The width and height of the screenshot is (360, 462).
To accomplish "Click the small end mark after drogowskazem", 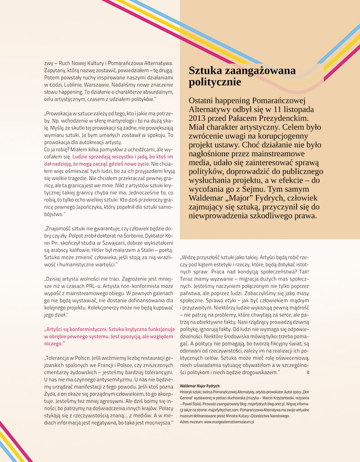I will [308, 373].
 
